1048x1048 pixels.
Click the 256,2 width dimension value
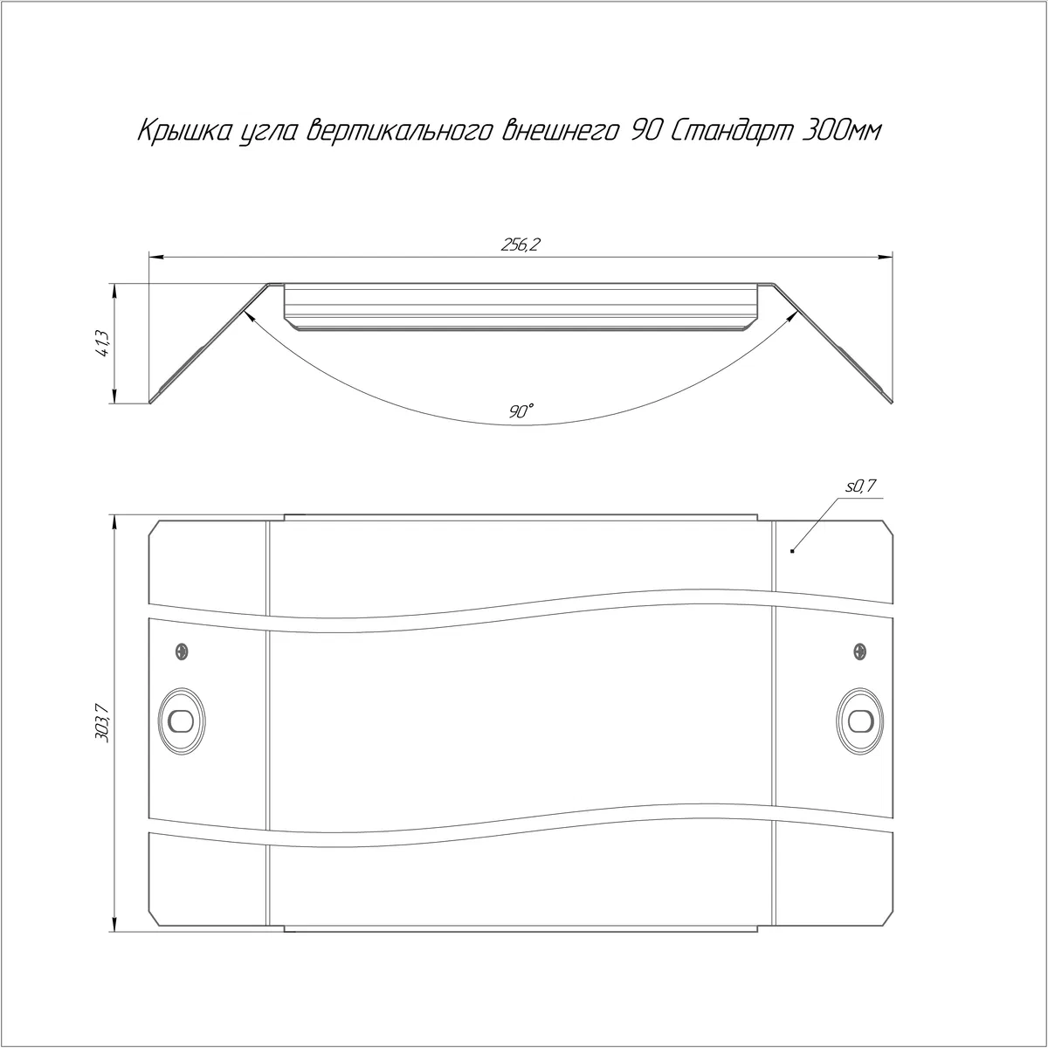tap(520, 245)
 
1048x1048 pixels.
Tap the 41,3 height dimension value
tap(103, 344)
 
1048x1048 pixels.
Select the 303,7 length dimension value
tap(103, 723)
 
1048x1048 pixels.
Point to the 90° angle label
tap(521, 411)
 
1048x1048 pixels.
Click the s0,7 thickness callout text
tap(861, 486)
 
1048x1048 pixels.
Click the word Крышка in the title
tap(187, 132)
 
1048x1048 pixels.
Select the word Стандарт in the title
tap(732, 131)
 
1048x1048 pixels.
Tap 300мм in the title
tap(841, 131)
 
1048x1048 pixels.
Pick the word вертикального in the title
tap(400, 132)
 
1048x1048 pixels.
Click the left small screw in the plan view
tap(182, 651)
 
